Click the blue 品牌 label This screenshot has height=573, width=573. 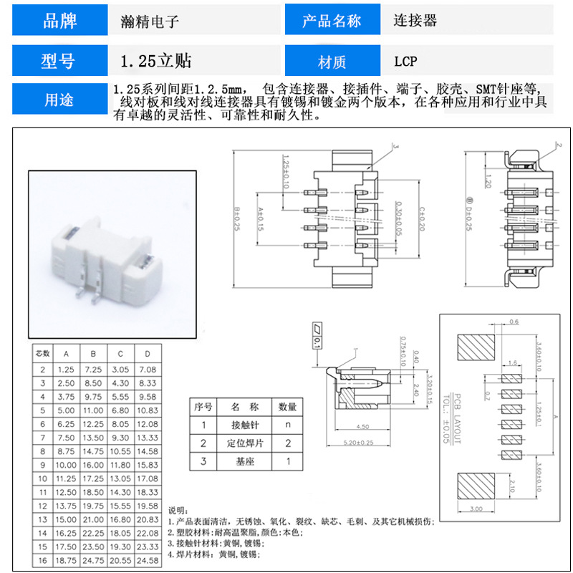[60, 21]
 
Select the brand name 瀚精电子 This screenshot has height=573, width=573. [149, 21]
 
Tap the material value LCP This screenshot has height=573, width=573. [405, 62]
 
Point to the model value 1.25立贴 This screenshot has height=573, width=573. [156, 62]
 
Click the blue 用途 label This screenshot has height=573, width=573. [60, 100]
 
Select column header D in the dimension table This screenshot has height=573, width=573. [148, 354]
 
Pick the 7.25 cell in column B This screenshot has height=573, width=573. [93, 369]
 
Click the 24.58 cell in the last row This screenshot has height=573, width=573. [148, 560]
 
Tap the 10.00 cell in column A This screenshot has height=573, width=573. [66, 465]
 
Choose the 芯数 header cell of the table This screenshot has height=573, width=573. [42, 354]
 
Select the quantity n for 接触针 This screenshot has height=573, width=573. [288, 425]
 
